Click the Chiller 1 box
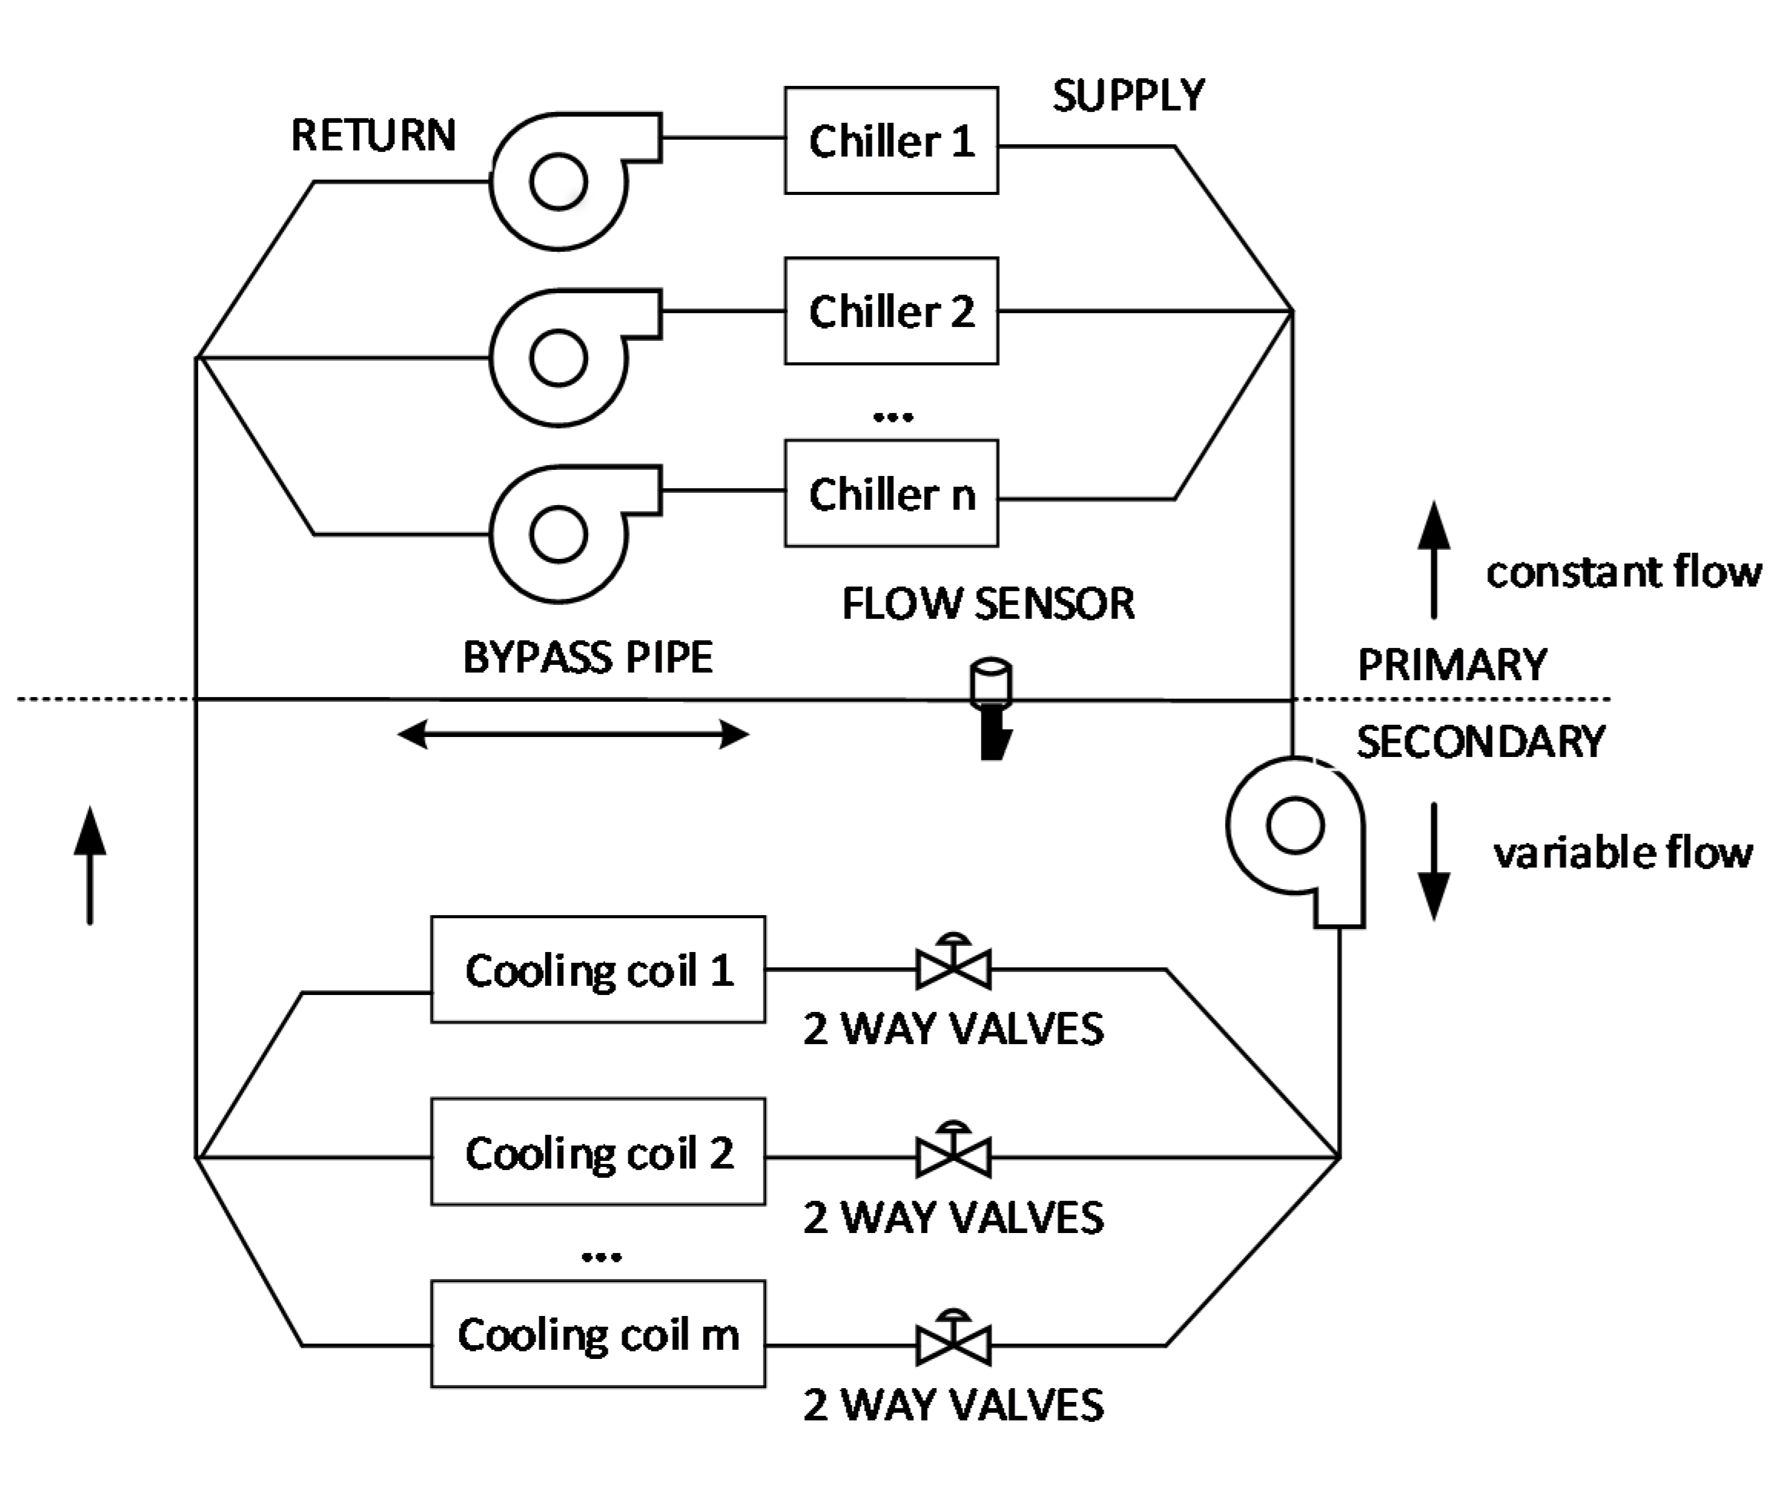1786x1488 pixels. click(x=890, y=141)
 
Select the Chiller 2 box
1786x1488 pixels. click(x=890, y=312)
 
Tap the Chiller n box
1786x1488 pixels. click(x=890, y=494)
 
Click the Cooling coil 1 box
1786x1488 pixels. click(x=598, y=969)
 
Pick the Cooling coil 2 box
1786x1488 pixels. click(x=598, y=1152)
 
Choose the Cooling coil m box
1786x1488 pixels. click(x=598, y=1334)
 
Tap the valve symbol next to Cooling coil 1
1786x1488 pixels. click(x=953, y=965)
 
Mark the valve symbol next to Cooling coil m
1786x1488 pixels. click(x=953, y=1341)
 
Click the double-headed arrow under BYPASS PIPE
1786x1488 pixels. click(x=573, y=733)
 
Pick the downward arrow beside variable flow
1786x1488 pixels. click(x=1434, y=861)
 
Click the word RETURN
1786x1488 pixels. click(x=373, y=135)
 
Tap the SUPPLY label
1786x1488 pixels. click(x=1128, y=95)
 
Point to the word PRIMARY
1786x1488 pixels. click(x=1452, y=664)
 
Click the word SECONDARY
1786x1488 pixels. click(x=1480, y=742)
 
